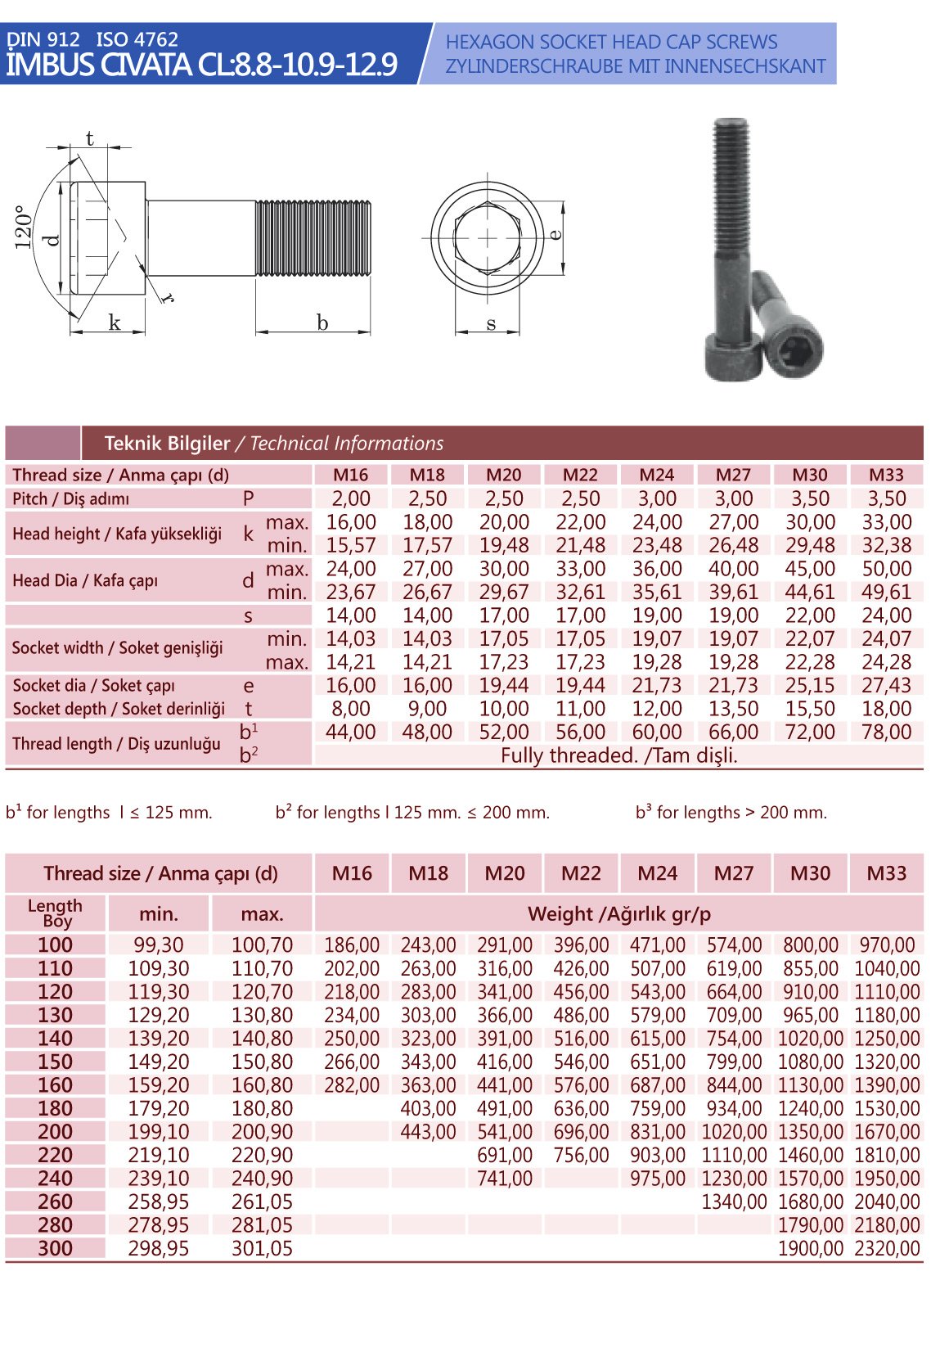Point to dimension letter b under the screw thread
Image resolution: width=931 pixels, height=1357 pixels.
(322, 323)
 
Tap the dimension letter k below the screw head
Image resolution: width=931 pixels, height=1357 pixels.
(115, 323)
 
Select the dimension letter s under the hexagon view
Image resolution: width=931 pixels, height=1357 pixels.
(491, 323)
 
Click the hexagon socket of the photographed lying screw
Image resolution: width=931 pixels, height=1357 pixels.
(794, 351)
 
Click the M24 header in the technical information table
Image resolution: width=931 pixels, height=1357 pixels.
(657, 475)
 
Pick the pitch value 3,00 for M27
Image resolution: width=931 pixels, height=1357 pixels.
(734, 498)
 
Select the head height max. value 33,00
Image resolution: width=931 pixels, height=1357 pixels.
(887, 522)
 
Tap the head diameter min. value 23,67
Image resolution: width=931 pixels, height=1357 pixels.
(351, 592)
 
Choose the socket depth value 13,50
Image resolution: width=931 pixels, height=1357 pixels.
(734, 709)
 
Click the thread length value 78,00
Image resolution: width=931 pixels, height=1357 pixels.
(887, 732)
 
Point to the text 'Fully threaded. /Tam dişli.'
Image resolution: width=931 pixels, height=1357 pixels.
(619, 755)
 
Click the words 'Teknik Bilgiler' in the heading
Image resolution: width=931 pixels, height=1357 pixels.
(167, 444)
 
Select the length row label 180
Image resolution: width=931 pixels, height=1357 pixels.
(55, 1108)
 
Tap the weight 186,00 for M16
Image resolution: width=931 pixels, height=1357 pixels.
(352, 945)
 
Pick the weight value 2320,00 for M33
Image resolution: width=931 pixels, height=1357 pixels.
(887, 1249)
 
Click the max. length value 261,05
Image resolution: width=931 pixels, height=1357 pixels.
(262, 1202)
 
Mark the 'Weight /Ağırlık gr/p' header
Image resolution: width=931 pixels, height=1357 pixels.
(619, 914)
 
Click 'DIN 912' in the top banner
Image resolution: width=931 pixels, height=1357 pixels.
(43, 39)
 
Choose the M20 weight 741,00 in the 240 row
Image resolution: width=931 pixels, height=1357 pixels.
(505, 1179)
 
